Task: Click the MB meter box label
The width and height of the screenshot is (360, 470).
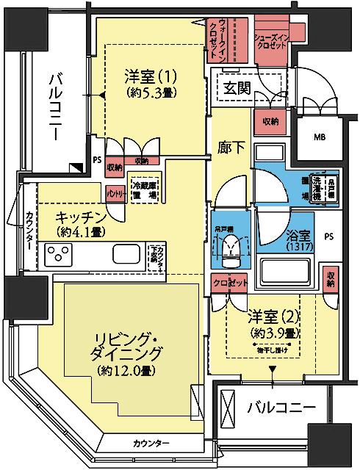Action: [320, 137]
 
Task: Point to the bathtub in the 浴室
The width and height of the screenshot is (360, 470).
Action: [286, 270]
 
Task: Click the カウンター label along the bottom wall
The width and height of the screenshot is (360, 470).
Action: [152, 444]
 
